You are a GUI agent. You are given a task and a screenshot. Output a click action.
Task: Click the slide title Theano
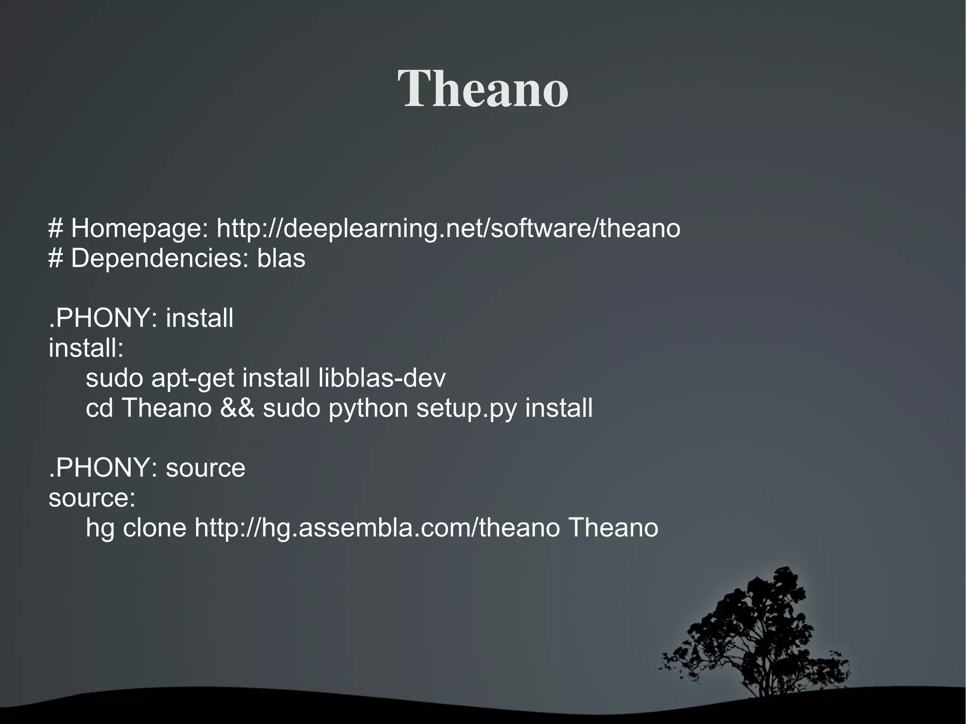tap(483, 89)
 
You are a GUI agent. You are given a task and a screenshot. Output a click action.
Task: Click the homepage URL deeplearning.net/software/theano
tap(448, 228)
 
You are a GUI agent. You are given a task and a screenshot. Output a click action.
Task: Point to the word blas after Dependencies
tap(281, 258)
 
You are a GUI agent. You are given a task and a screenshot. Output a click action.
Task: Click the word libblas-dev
tap(382, 378)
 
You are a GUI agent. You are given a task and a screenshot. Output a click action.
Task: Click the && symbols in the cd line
tap(237, 408)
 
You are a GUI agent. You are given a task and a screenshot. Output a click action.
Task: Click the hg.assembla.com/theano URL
tap(377, 528)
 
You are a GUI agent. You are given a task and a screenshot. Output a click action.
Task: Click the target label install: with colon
tap(86, 348)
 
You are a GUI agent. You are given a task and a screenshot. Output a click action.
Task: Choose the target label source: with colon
tap(92, 498)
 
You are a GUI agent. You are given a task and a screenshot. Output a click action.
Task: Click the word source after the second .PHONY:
tap(206, 468)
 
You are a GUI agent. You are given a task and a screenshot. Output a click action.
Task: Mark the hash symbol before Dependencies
tap(56, 258)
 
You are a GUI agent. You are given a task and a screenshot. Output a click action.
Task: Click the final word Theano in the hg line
tap(613, 528)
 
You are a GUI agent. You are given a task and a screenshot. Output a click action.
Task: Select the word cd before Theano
tap(99, 408)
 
